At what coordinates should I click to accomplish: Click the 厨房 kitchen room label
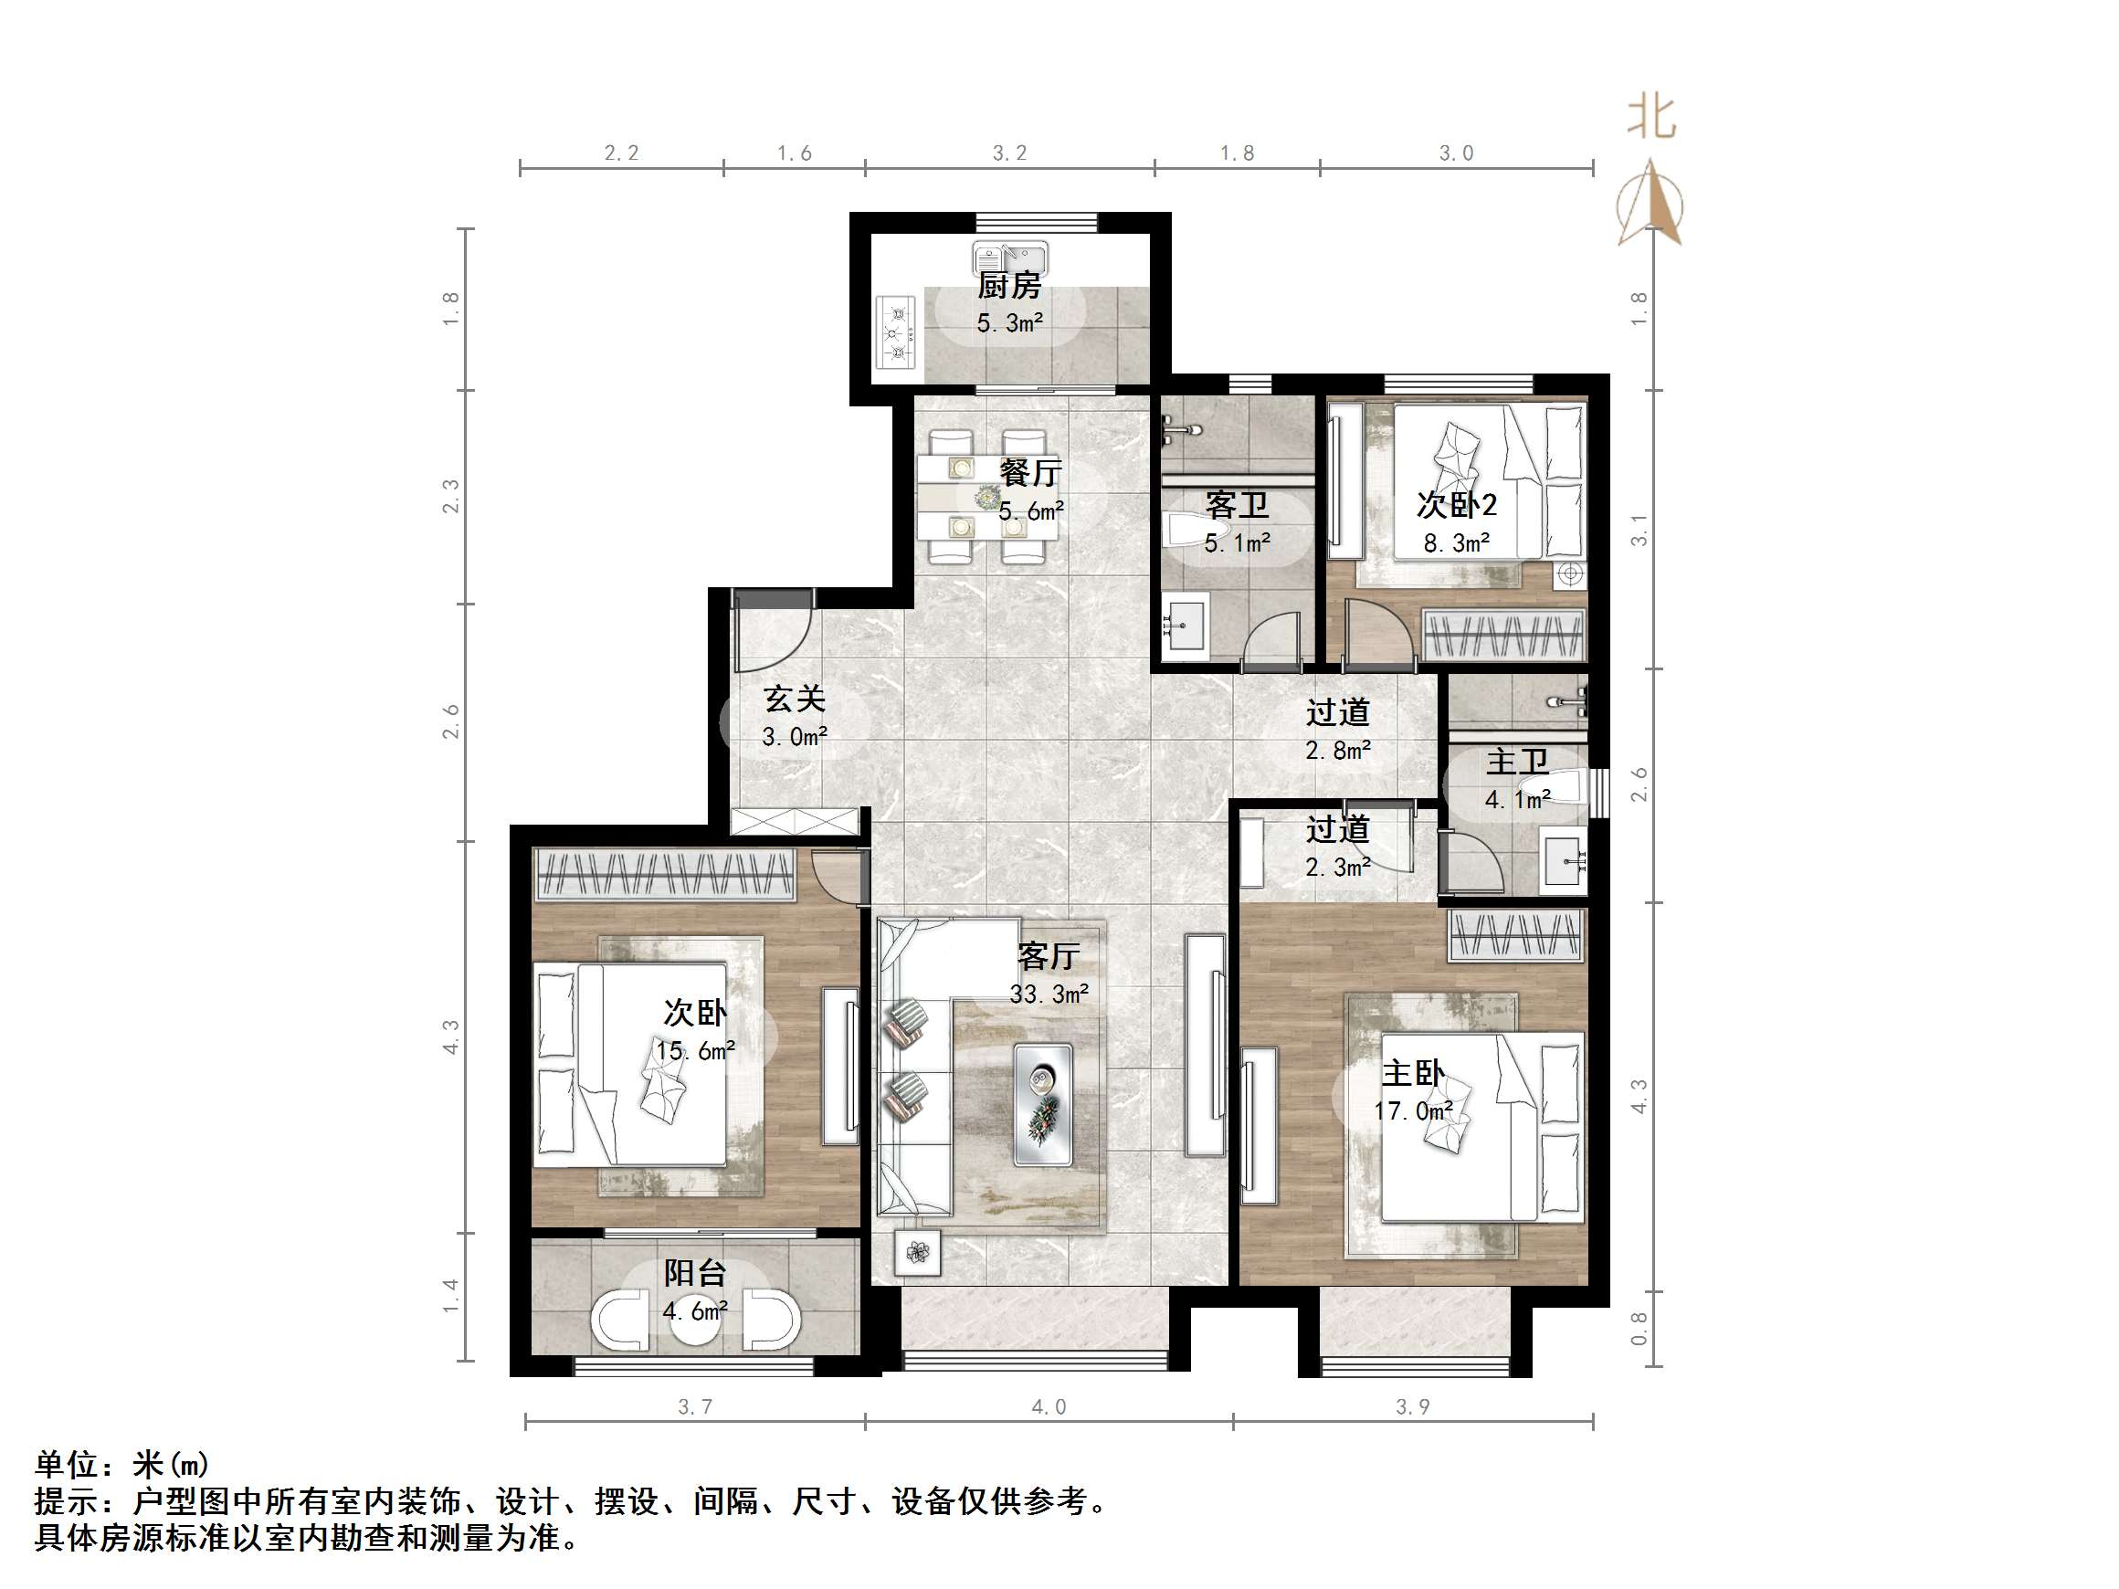[1008, 286]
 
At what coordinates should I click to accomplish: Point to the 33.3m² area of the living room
[1049, 994]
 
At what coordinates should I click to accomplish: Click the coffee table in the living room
[1043, 1104]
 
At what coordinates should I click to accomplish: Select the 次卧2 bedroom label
[1456, 505]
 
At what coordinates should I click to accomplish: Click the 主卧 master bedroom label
[1413, 1073]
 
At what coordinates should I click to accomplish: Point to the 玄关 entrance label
[794, 700]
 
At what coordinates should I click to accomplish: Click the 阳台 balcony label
[694, 1273]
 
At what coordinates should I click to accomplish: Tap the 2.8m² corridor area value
[1337, 751]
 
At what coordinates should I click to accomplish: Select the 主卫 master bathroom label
[1516, 763]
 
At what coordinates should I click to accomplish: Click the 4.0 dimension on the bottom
[1048, 1407]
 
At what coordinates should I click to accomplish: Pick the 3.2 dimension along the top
[1008, 153]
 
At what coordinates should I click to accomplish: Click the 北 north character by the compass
[1651, 119]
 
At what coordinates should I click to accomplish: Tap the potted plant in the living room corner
[918, 1252]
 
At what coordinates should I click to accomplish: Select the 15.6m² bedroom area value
[695, 1051]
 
